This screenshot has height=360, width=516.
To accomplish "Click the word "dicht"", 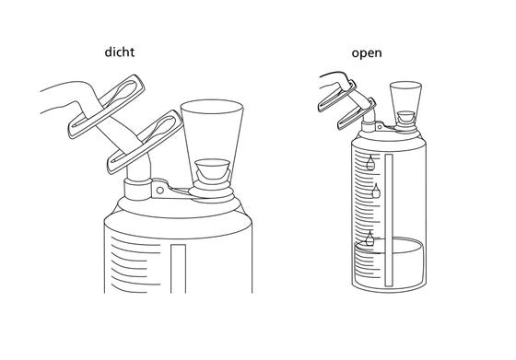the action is coord(120,52).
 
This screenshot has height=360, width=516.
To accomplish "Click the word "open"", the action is coord(367,52).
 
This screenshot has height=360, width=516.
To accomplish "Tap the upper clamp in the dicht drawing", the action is coord(106,107).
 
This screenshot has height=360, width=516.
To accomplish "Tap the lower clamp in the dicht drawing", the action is coord(146,142).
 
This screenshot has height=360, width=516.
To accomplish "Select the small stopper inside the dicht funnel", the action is coord(212,168).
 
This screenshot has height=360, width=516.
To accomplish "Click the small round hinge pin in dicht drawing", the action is coord(160,190).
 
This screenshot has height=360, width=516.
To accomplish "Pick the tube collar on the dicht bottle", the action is coord(137,189).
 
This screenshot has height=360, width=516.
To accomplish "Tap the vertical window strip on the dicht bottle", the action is coord(179,268).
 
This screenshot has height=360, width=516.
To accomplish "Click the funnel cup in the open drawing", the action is coord(405,102).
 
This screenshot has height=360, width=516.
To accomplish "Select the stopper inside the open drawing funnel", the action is coord(406,116).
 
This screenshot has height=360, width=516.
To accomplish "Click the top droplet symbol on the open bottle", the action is coord(370,162).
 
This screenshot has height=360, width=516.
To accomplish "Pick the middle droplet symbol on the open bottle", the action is coord(376,191).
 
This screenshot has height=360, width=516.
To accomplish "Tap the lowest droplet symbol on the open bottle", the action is coord(369,238).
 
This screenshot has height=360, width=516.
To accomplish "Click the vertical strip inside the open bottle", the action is coord(389,220).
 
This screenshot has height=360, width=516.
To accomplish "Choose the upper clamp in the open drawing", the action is coord(337,96).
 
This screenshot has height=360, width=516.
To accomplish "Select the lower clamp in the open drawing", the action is coord(357,113).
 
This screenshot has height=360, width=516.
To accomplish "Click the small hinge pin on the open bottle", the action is coord(380,126).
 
